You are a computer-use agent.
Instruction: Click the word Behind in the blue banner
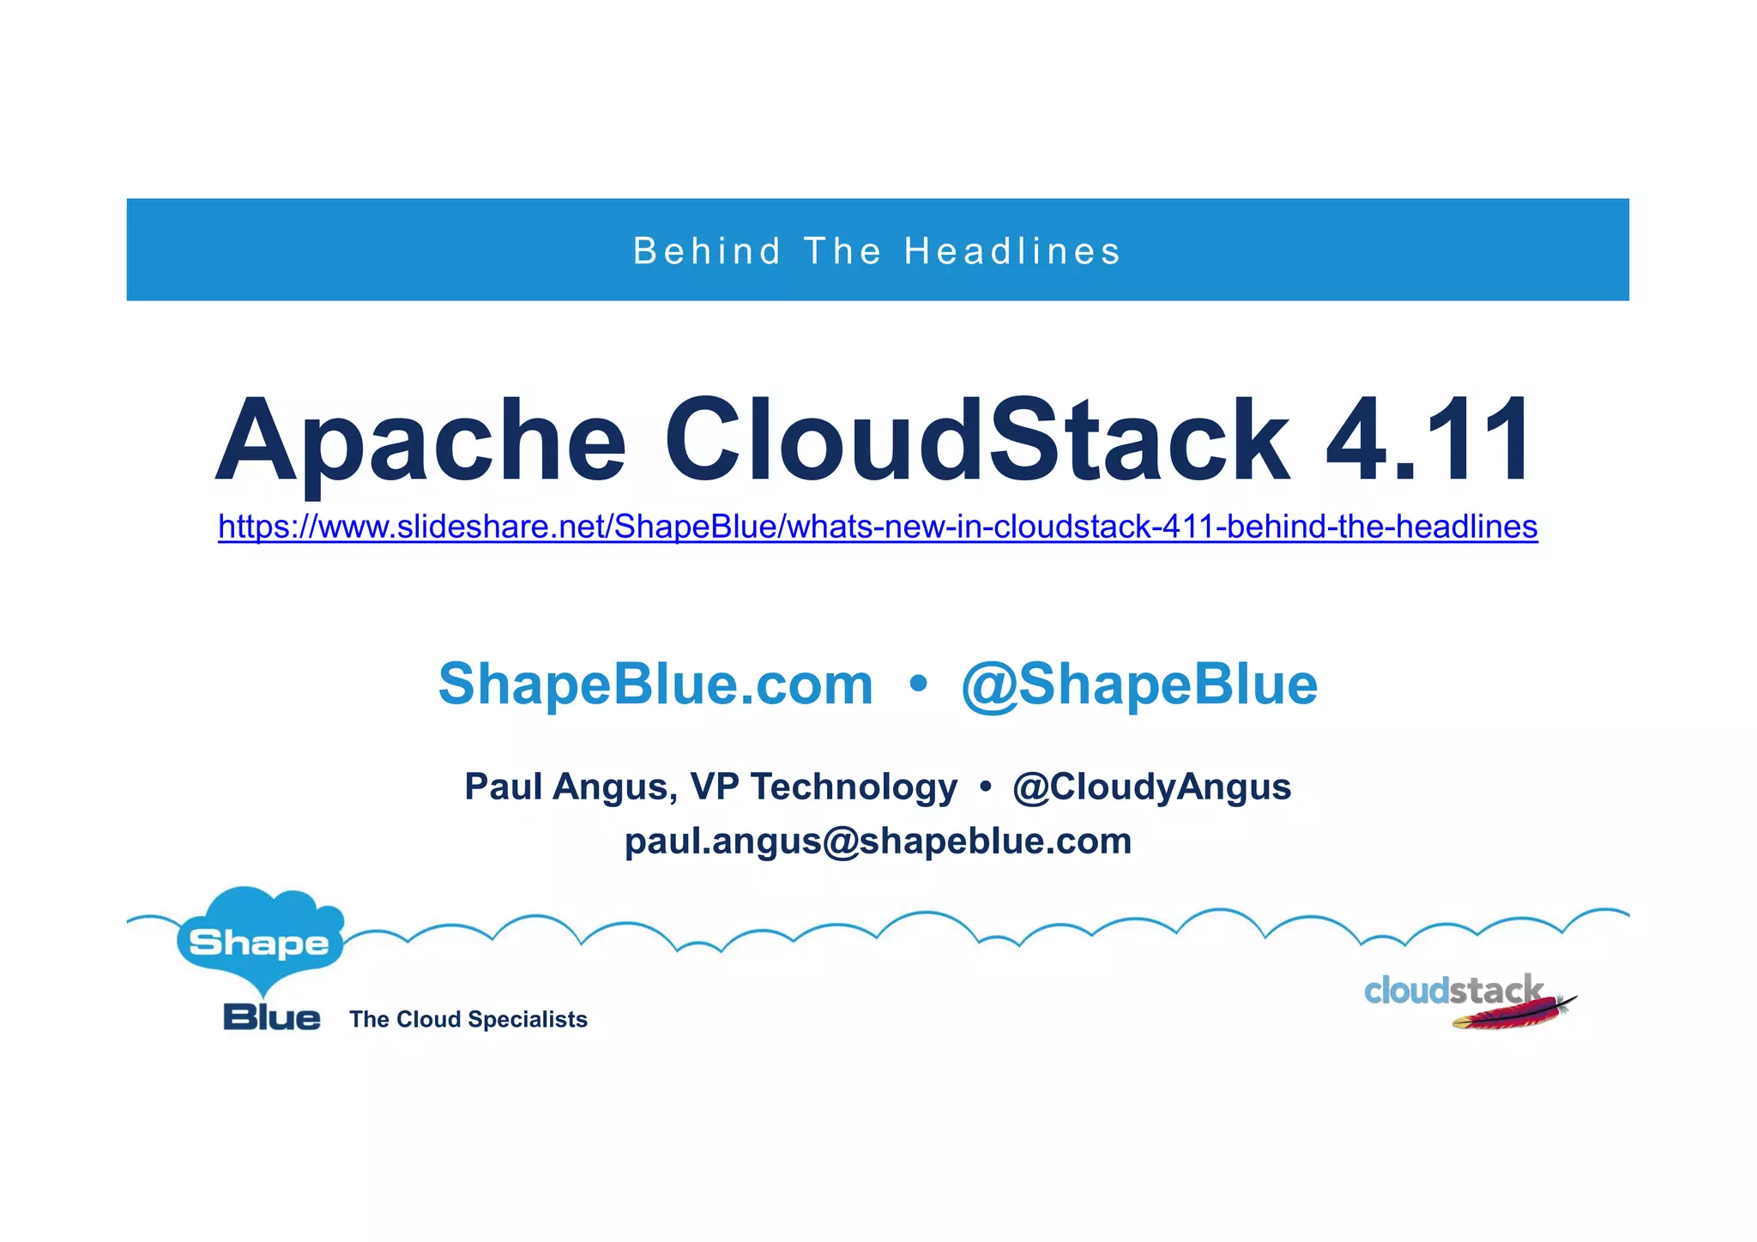tap(707, 251)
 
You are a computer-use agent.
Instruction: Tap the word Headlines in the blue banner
tap(1012, 251)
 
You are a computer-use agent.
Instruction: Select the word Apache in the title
tap(420, 442)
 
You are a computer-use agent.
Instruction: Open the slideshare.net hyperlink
tap(878, 526)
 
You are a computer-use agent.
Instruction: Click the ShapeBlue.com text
tap(655, 684)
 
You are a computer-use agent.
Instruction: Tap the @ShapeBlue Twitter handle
tap(1139, 684)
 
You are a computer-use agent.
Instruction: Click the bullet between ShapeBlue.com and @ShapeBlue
tap(918, 684)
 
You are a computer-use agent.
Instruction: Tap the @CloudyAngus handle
tap(1151, 787)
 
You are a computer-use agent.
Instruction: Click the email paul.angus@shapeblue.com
tap(878, 841)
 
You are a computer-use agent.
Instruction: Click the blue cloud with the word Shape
tap(259, 940)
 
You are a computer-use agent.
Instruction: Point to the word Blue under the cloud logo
tap(271, 1017)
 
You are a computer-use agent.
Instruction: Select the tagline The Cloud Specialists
tap(468, 1019)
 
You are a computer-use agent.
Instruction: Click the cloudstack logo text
tap(1452, 991)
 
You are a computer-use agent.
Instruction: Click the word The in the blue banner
tap(842, 251)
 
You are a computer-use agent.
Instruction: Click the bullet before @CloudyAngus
tap(985, 786)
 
